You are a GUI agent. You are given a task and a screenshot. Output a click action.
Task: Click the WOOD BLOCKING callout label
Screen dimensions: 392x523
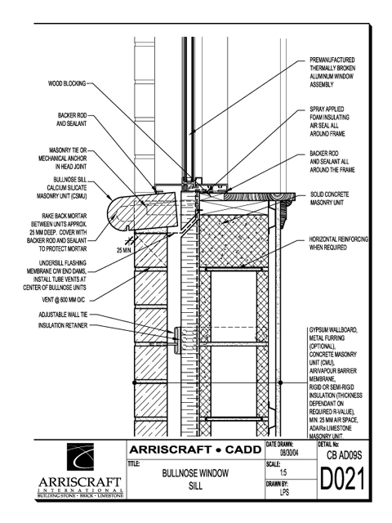pos(67,83)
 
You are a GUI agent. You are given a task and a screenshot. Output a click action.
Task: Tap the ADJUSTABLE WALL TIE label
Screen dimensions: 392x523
pos(63,315)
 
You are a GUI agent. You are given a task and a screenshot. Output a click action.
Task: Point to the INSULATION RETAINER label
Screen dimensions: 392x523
pos(63,325)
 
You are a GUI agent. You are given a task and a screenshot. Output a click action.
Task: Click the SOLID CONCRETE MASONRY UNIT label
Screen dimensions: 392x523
pos(329,199)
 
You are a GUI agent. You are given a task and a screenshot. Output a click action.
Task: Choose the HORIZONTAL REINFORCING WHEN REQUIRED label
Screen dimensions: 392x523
pos(338,244)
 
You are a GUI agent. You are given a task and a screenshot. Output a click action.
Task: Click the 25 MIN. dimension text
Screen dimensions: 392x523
pos(125,250)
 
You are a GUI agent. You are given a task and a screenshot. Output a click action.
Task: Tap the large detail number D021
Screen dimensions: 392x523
pos(342,479)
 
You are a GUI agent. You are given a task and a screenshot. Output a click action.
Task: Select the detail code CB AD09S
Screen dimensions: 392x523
pos(344,455)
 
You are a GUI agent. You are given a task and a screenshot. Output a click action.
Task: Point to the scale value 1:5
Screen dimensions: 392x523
pos(283,472)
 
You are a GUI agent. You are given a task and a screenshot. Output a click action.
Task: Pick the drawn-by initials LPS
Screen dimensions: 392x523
pos(284,492)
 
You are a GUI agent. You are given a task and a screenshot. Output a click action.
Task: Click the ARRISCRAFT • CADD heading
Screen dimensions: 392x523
pos(195,449)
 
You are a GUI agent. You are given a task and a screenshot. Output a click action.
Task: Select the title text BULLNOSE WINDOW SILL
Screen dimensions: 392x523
pos(195,480)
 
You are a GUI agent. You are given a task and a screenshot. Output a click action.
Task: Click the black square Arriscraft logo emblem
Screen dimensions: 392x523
pos(80,457)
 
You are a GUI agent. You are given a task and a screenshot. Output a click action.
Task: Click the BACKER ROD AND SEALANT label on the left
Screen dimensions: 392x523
pos(72,119)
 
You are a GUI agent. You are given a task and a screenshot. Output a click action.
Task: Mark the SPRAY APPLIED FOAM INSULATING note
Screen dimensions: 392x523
pos(330,122)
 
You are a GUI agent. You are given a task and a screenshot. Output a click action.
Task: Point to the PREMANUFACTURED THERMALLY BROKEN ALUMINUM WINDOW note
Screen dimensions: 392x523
pos(332,72)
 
